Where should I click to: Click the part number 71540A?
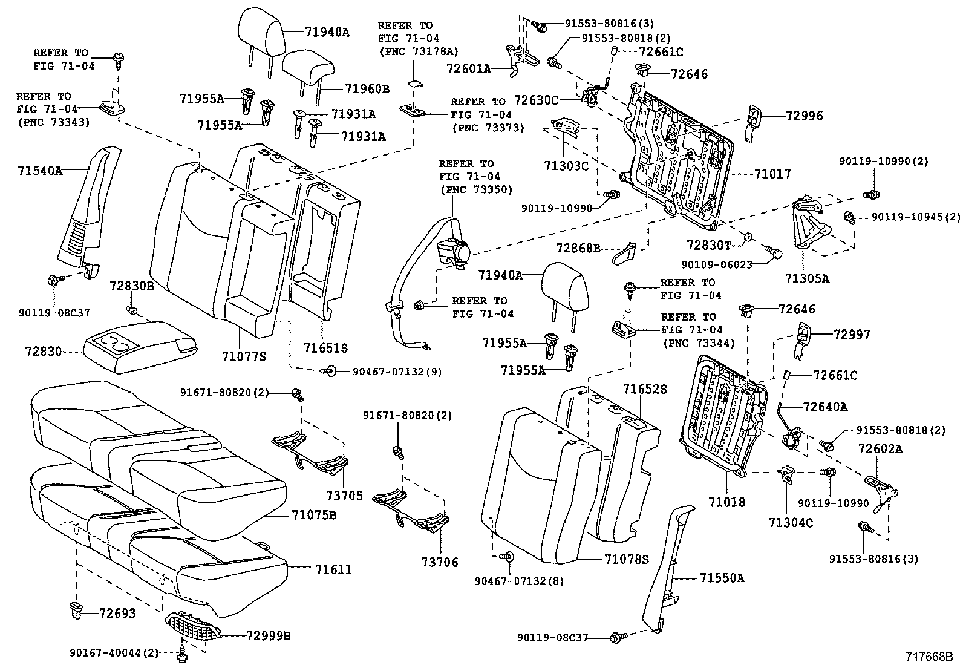point(39,171)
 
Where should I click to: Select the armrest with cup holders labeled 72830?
point(139,349)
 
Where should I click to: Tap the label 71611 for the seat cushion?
point(333,569)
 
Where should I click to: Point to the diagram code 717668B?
point(929,657)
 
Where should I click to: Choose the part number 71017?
point(772,174)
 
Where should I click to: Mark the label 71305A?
point(807,278)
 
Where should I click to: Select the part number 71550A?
point(722,578)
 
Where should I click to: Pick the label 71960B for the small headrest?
point(367,89)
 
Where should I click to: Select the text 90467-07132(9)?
point(397,372)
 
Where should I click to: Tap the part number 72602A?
point(880,448)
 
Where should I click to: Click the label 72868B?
point(578,248)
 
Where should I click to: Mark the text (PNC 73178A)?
point(418,51)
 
